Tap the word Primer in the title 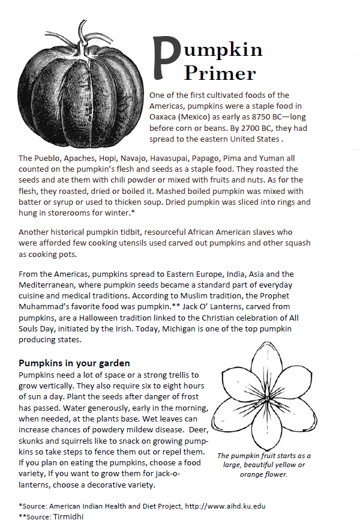[220, 73]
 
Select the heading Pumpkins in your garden [74, 363]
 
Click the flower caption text [264, 465]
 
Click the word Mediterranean [47, 285]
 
